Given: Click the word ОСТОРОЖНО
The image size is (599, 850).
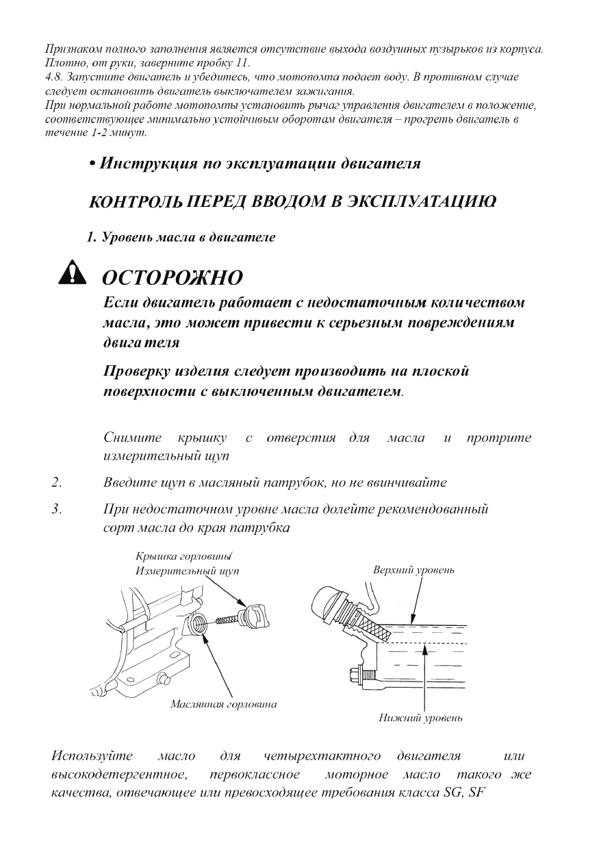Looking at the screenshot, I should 172,278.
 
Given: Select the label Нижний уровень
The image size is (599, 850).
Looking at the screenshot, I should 421,718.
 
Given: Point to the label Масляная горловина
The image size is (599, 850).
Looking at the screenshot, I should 223,704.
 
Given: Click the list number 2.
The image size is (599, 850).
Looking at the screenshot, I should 57,482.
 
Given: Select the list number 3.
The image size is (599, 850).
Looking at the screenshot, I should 57,509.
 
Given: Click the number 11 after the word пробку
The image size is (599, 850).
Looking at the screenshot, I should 242,62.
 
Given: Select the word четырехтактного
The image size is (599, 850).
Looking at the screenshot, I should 322,756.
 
